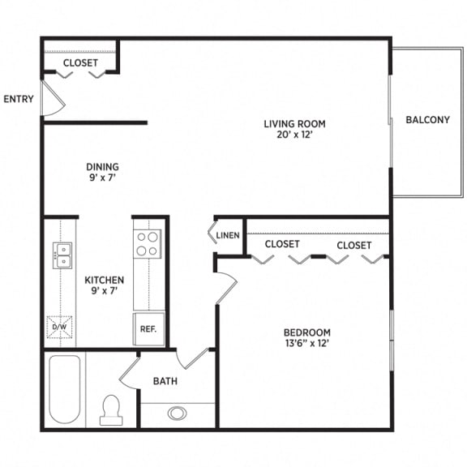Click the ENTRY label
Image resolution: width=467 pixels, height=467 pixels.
(x=19, y=100)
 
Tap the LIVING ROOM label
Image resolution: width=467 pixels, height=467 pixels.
(x=294, y=124)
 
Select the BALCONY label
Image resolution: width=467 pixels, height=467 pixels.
(x=427, y=120)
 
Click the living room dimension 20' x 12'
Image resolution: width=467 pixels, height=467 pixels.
(x=294, y=135)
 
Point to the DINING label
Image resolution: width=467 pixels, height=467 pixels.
(x=103, y=169)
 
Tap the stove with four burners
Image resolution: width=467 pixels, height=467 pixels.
(x=148, y=243)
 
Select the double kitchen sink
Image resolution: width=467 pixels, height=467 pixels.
(x=62, y=254)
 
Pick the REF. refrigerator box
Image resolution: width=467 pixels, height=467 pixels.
(x=148, y=329)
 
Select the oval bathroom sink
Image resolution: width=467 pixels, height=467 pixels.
(x=178, y=413)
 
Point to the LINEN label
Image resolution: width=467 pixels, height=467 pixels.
(x=228, y=236)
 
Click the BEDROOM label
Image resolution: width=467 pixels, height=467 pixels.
(x=306, y=332)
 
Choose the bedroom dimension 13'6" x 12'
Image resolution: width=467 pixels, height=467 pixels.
(x=306, y=344)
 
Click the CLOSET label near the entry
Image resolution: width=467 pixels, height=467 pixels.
(x=80, y=62)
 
